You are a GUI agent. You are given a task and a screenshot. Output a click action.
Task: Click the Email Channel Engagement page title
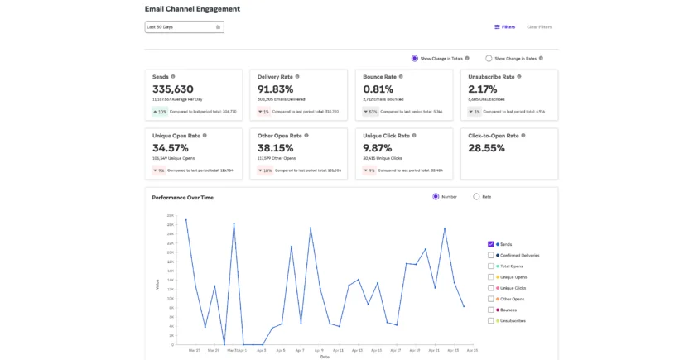[x=192, y=9]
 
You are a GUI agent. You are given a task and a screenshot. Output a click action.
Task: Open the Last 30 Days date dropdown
[x=184, y=26]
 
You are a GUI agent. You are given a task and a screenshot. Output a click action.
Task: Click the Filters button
[x=504, y=26]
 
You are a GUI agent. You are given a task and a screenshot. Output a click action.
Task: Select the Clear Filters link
[x=539, y=26]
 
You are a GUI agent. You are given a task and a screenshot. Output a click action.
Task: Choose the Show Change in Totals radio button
[x=415, y=58]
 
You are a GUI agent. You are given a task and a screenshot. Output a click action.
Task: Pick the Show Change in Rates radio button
[x=488, y=58]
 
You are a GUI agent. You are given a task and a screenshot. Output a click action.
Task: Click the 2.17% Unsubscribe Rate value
[x=484, y=89]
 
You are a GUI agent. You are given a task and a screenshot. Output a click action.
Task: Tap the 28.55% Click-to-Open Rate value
[x=486, y=148]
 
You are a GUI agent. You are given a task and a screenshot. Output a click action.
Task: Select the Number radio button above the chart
[x=436, y=196]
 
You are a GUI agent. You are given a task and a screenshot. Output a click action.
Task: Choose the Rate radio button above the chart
[x=476, y=196]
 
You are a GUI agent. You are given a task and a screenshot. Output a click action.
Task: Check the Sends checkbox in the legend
[x=491, y=245]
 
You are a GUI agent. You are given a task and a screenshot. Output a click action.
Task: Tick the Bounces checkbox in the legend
[x=491, y=310]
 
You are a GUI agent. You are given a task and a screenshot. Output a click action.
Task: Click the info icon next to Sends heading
[x=173, y=76]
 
